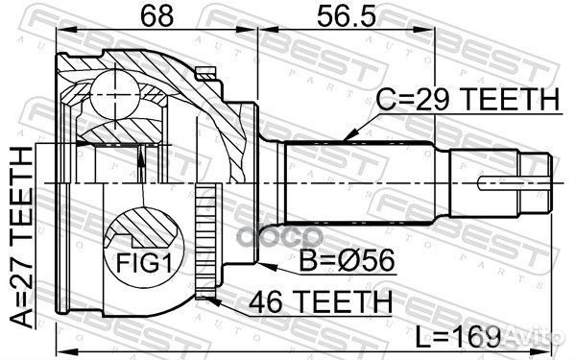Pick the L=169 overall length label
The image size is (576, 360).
[x=457, y=337]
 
